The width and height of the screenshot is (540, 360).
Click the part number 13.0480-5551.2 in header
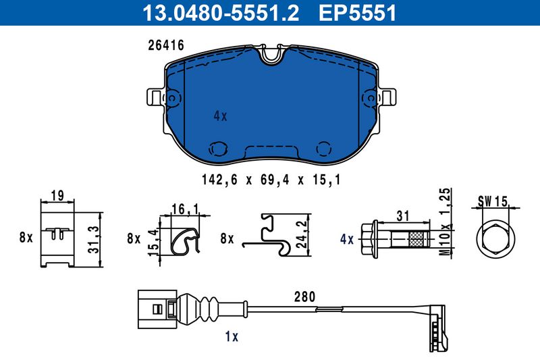pos(221,12)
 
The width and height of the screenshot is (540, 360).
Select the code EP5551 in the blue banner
pos(358,12)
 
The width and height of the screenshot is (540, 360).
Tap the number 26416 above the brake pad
pos(166,45)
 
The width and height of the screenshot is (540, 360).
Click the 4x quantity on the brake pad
pos(221,116)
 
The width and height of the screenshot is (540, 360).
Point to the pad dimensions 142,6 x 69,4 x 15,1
pos(271,180)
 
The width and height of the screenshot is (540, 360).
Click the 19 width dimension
pos(57,195)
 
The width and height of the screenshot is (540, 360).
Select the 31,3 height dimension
pos(93,239)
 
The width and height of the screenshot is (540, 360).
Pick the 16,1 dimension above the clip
pos(185,209)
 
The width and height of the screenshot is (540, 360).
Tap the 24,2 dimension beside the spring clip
pos(302,234)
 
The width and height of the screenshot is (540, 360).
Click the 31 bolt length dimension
pos(402,216)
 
